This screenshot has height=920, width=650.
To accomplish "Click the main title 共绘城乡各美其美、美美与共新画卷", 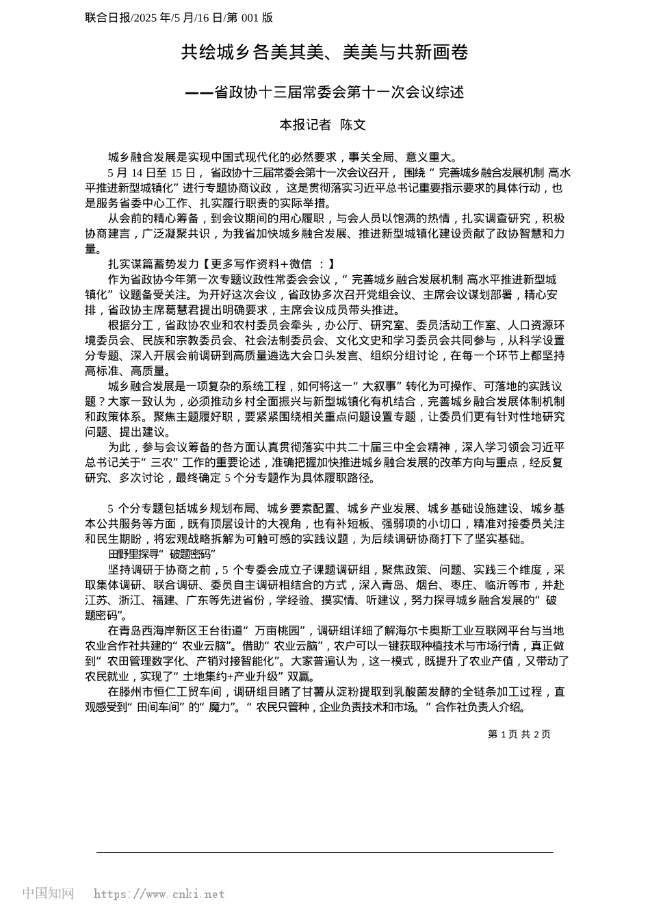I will pyautogui.click(x=324, y=52).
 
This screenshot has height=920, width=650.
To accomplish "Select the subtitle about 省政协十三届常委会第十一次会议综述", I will pyautogui.click(x=324, y=92).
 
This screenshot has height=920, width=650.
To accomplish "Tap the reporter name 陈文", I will pyautogui.click(x=353, y=125).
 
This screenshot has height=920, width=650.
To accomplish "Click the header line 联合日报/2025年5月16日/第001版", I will pyautogui.click(x=179, y=18).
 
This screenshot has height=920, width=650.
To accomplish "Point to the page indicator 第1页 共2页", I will pyautogui.click(x=519, y=734).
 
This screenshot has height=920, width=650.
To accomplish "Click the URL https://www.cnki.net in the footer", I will pyautogui.click(x=159, y=894).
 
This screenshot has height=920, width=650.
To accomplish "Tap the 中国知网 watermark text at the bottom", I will pyautogui.click(x=48, y=893).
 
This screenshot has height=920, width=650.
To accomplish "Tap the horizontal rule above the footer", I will pyautogui.click(x=324, y=852).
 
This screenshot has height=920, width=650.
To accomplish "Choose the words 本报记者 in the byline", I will pyautogui.click(x=305, y=125).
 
